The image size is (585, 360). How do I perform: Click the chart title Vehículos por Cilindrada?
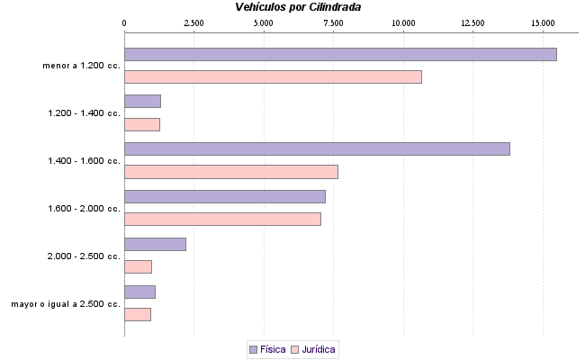click(x=299, y=7)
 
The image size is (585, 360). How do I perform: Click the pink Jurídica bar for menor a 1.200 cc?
click(x=273, y=77)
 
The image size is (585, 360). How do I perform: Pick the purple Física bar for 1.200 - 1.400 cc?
click(x=142, y=101)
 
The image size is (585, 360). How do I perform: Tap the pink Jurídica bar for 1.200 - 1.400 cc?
click(x=142, y=124)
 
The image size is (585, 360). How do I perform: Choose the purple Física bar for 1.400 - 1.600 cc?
click(x=317, y=148)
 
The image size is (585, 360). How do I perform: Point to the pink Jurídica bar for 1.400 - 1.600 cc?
click(x=231, y=172)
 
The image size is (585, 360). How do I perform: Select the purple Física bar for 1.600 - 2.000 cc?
click(x=225, y=196)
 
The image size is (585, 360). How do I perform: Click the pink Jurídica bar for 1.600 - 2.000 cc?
click(x=222, y=219)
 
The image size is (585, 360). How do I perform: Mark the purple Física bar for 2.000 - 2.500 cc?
click(x=155, y=244)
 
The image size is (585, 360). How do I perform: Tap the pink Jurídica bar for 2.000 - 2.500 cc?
click(x=138, y=266)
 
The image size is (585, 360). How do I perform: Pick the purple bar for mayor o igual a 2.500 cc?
click(x=139, y=292)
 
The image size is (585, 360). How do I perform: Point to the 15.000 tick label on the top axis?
click(x=543, y=22)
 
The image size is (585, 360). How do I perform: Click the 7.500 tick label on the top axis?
click(x=334, y=22)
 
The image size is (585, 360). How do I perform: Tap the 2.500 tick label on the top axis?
click(x=193, y=22)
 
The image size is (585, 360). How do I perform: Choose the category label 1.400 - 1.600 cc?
click(x=85, y=161)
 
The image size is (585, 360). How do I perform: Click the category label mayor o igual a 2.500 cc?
click(x=66, y=304)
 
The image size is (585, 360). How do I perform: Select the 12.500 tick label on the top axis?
click(x=472, y=22)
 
